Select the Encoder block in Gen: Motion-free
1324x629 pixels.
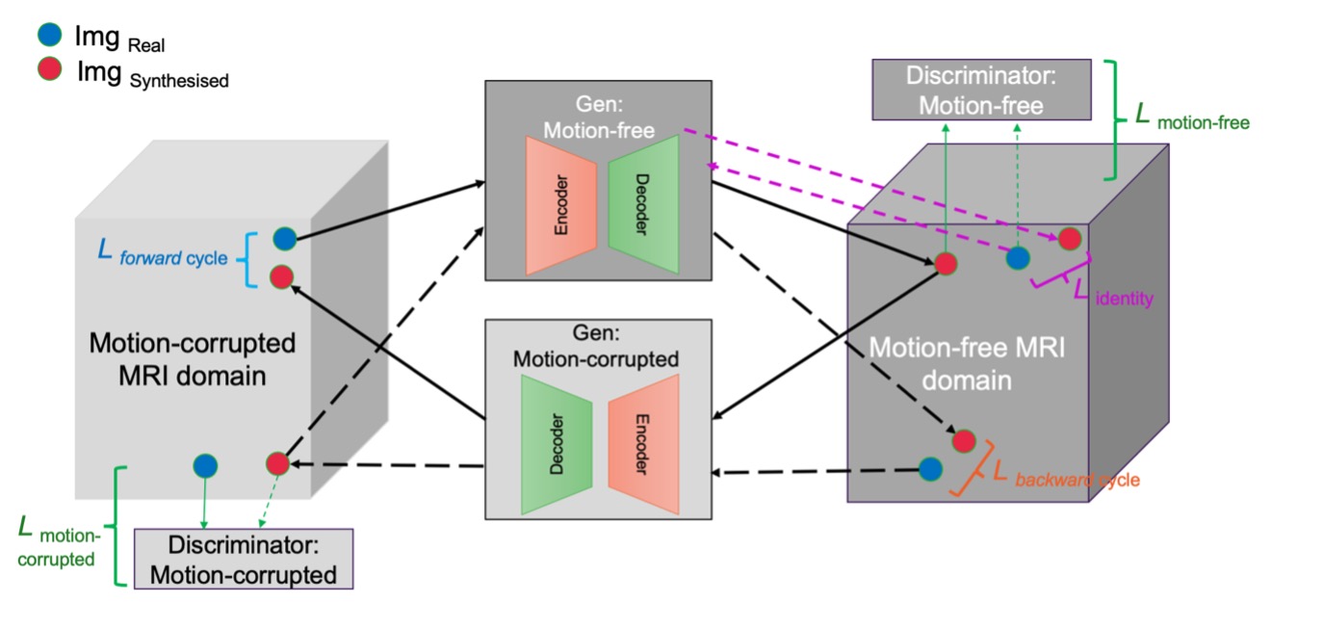click(x=561, y=205)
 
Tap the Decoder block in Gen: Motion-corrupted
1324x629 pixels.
click(x=557, y=444)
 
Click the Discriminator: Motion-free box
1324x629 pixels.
click(x=980, y=90)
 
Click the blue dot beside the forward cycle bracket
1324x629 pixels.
click(x=284, y=239)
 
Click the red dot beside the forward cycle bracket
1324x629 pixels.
click(x=281, y=277)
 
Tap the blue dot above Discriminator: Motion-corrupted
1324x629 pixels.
click(x=205, y=466)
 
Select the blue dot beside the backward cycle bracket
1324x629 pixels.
click(x=929, y=469)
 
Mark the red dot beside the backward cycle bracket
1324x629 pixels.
click(x=964, y=441)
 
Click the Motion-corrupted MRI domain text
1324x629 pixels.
click(x=192, y=358)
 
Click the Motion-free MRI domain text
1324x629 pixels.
click(x=968, y=363)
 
